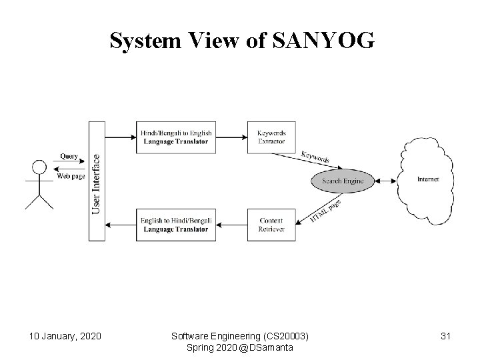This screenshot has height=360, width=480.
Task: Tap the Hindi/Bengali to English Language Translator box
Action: [176, 137]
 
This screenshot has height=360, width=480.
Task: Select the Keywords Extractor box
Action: [271, 137]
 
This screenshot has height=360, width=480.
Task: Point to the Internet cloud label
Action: [427, 179]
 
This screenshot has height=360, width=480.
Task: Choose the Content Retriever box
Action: [271, 225]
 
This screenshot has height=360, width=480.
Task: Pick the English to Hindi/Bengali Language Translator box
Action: [176, 225]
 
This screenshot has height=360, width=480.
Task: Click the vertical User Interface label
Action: [96, 185]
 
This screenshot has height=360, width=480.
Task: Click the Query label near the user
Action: [69, 156]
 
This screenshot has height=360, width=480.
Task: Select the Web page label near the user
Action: [71, 177]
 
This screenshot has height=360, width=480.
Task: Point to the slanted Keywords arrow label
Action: [315, 158]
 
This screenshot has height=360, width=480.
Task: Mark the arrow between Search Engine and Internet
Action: [385, 180]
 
